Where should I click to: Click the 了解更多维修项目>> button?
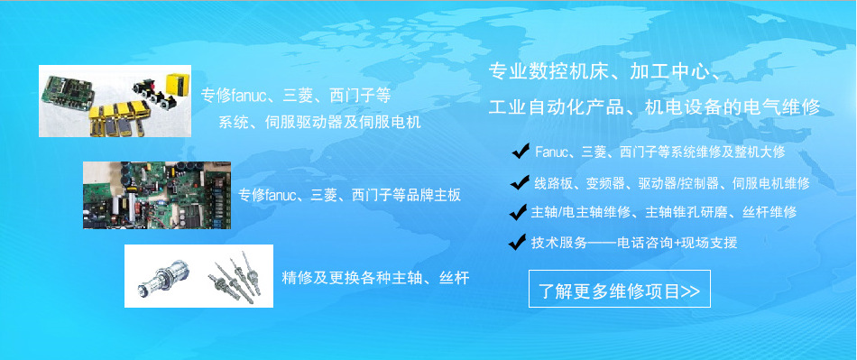tap(619, 291)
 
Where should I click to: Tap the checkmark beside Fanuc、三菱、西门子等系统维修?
tap(520, 151)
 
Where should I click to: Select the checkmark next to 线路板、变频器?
tap(519, 182)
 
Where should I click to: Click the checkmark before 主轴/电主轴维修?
tap(517, 213)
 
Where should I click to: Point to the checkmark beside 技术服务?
tap(517, 242)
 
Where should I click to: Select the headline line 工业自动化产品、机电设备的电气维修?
tap(654, 106)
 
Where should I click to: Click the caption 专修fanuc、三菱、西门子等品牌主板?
tap(350, 195)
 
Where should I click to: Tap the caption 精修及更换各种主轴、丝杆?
tap(375, 276)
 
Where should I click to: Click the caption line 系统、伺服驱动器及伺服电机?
tap(320, 121)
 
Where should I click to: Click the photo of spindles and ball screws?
tap(198, 275)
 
